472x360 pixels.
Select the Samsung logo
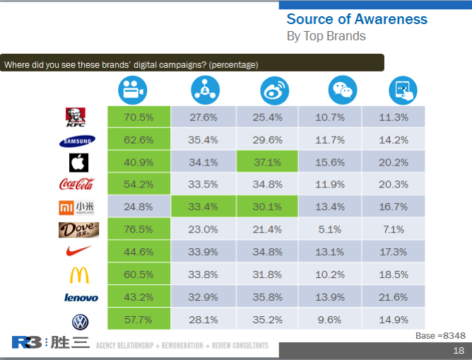(77, 140)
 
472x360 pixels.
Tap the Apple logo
(78, 163)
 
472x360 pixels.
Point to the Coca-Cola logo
(77, 185)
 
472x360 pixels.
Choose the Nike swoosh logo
(78, 252)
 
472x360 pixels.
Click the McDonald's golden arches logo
(78, 274)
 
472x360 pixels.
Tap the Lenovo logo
(79, 298)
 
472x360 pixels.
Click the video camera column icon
(131, 90)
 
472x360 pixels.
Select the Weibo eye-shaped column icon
(271, 90)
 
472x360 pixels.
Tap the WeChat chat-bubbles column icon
(342, 90)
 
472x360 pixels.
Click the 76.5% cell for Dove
(138, 229)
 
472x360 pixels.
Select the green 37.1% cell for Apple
(266, 162)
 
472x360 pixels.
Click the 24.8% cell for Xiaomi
(138, 207)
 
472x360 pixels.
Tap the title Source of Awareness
(357, 18)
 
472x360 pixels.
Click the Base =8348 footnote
(439, 335)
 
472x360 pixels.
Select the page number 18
(458, 351)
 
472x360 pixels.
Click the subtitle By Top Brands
(326, 35)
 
